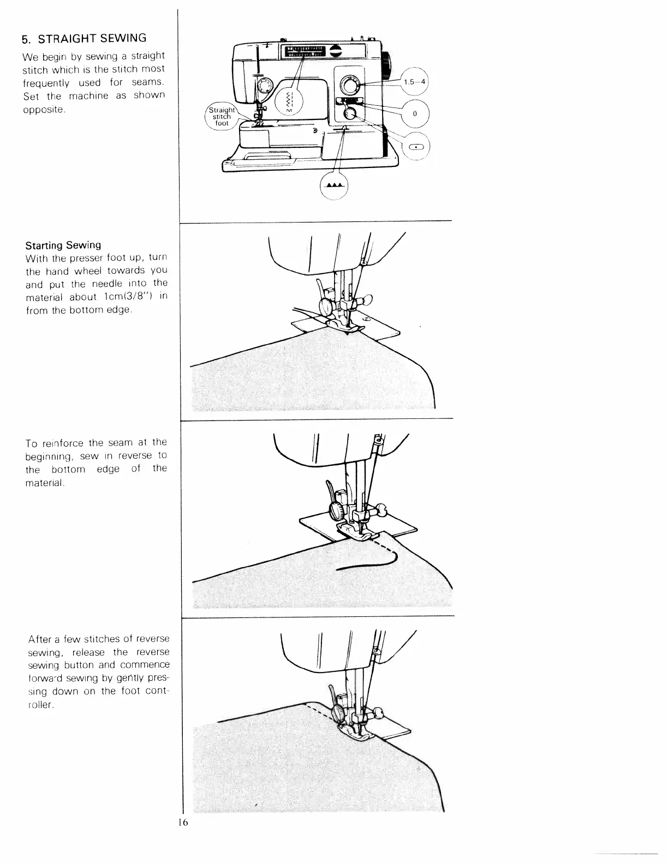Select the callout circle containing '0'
(415, 113)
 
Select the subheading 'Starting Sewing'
(63, 245)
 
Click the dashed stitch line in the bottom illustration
(321, 711)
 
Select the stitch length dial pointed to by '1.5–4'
(348, 85)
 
